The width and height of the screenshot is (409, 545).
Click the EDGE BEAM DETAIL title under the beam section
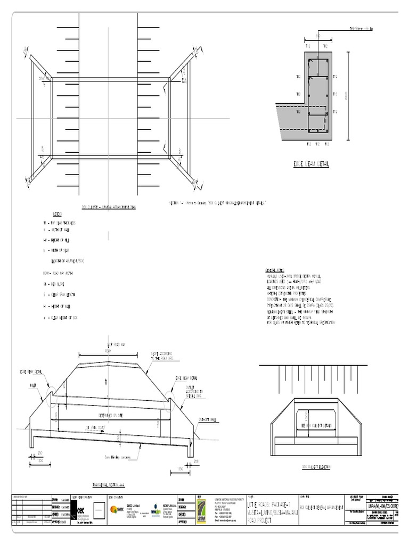(311, 164)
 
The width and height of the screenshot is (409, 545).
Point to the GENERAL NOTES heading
(276, 270)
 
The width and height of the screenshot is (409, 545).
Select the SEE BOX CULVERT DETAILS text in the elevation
(316, 426)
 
